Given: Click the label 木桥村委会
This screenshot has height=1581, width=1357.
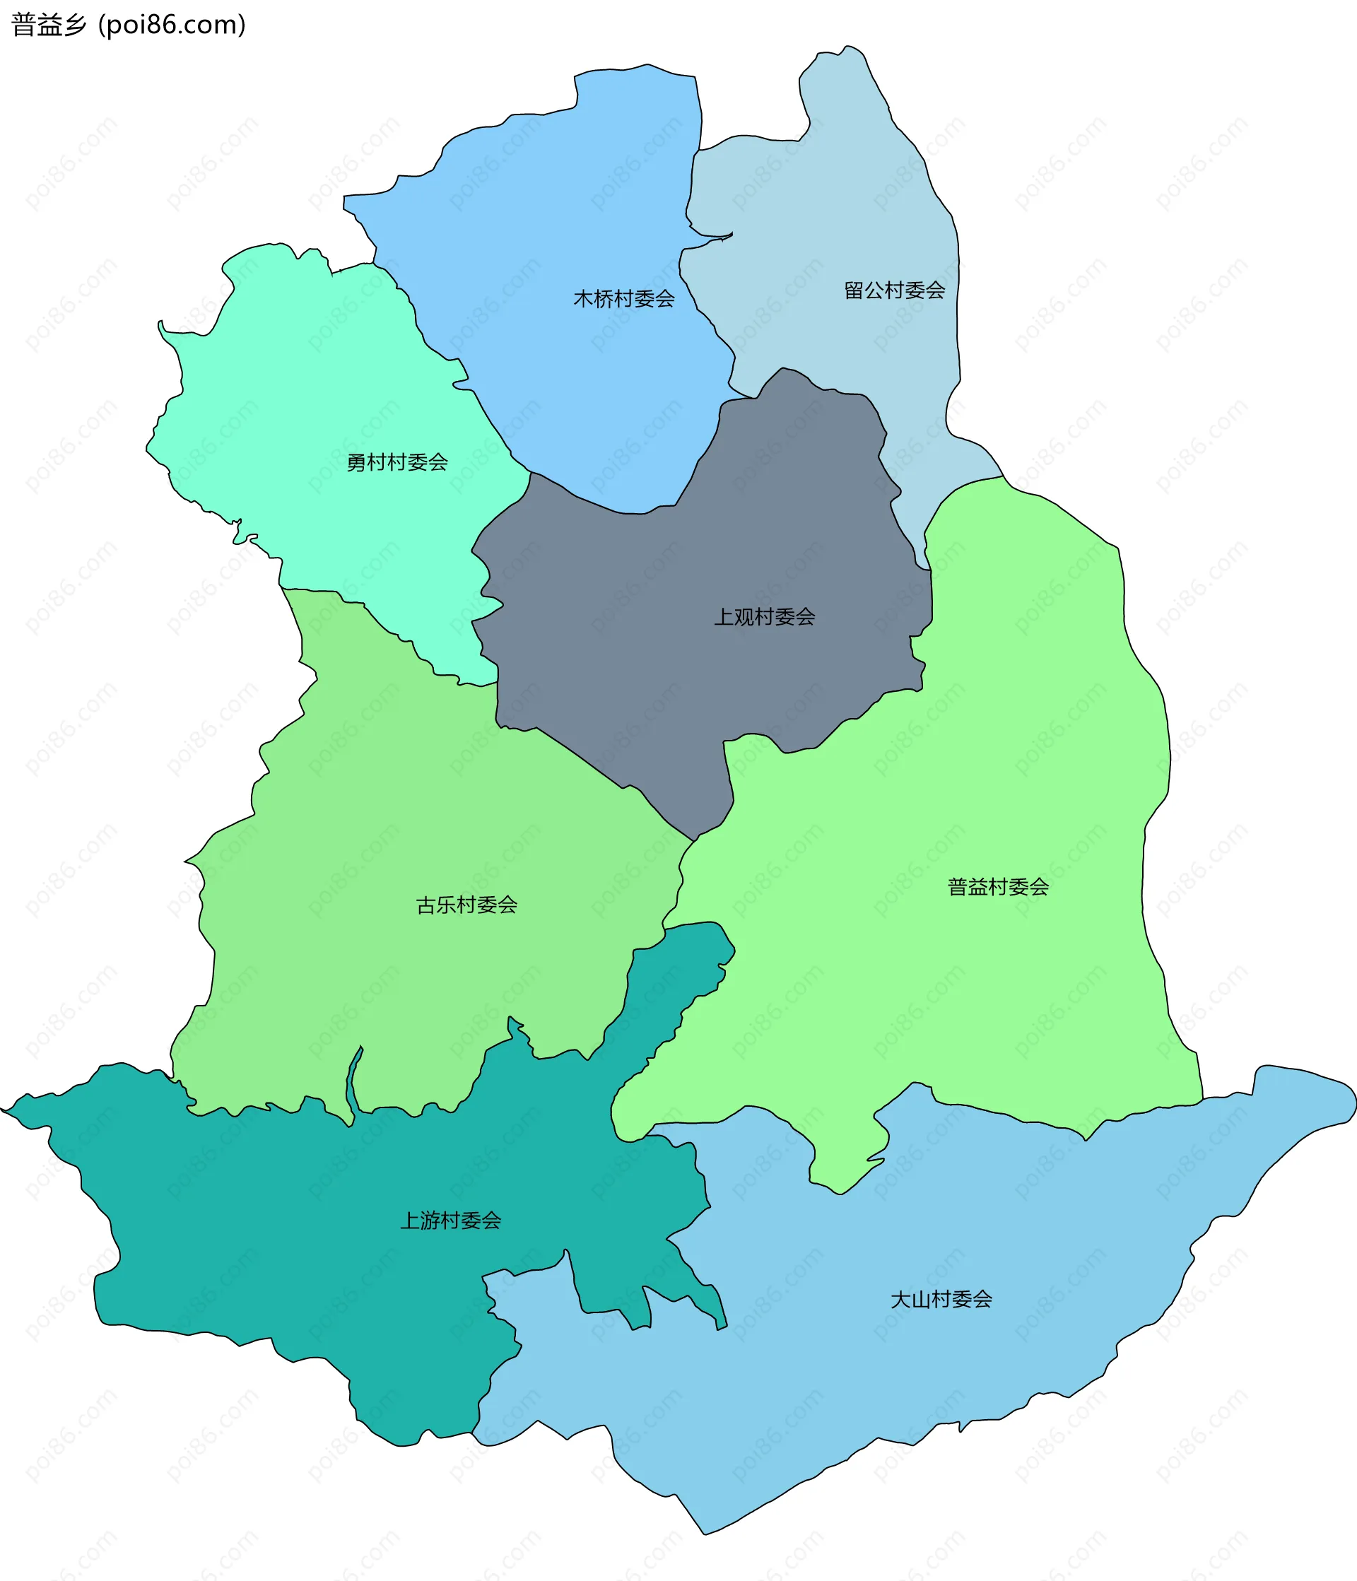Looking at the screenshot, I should pos(623,298).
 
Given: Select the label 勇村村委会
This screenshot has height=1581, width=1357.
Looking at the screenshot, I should pos(397,462).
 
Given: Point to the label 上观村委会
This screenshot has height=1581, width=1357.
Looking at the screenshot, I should pos(764,616).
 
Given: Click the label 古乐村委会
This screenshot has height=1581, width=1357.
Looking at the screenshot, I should pos(466,905).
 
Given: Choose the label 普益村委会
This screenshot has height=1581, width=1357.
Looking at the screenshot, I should pos(997,887).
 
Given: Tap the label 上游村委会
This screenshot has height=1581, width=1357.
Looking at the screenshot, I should pos(450,1221).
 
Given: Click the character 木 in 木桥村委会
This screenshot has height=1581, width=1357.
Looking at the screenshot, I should pos(583,298).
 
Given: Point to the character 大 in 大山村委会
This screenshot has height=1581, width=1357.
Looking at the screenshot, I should pos(900,1300).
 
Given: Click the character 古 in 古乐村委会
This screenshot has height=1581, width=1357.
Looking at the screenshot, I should pos(426,905).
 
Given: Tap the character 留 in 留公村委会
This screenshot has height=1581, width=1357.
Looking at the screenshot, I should pos(853,290).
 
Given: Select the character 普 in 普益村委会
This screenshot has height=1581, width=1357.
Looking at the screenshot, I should pos(957,887).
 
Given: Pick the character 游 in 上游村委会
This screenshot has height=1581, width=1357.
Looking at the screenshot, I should pos(430,1221).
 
